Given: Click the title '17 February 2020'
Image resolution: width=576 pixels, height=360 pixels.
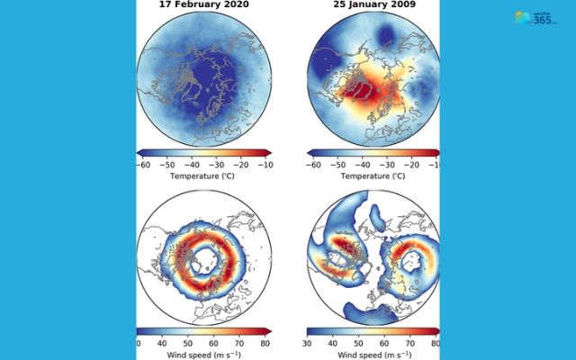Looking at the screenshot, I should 203,4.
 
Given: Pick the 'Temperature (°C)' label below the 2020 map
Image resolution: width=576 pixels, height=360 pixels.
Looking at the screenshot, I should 203,176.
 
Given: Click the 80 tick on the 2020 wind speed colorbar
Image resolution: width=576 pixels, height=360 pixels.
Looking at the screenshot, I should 265,343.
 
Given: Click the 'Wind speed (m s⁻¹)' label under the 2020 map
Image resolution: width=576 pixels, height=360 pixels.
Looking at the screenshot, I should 203,355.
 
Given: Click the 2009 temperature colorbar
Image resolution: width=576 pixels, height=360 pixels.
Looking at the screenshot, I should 373,153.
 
